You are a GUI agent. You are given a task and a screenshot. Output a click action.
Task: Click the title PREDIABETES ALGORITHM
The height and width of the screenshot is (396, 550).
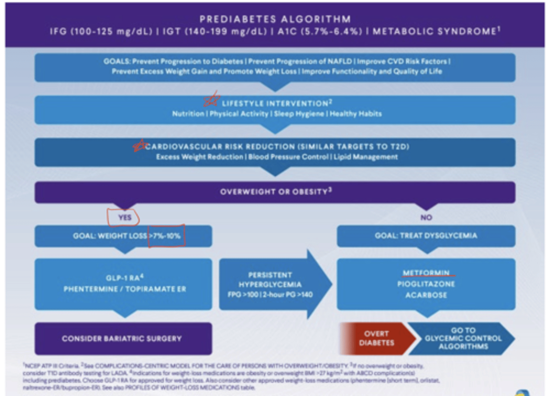(275, 19)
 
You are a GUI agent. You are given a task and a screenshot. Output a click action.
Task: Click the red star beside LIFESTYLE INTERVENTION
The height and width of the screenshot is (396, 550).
(211, 100)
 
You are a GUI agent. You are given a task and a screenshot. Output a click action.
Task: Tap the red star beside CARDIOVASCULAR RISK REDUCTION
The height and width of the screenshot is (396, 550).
(139, 145)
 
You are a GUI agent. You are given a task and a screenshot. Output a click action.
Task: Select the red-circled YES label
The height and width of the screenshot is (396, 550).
(124, 217)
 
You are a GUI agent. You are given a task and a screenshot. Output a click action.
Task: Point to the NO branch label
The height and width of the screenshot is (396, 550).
(426, 217)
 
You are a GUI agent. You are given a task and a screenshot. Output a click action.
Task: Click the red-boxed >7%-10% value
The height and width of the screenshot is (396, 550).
(167, 236)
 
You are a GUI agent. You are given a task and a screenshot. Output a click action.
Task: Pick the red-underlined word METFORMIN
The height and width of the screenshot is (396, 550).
(426, 273)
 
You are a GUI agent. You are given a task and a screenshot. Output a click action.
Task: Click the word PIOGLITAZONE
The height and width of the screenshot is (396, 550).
(426, 284)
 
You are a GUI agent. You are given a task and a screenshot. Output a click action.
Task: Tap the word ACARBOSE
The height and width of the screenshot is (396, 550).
(426, 295)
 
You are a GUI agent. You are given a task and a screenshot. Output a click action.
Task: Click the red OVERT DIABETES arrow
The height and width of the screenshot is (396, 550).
(376, 338)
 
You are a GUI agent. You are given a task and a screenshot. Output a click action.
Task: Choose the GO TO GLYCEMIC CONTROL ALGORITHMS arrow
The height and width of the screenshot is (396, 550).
(463, 338)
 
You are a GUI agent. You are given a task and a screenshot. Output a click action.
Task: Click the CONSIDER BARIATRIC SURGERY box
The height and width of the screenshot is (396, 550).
(122, 339)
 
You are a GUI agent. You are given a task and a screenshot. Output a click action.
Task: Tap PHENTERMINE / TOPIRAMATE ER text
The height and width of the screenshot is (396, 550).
(125, 289)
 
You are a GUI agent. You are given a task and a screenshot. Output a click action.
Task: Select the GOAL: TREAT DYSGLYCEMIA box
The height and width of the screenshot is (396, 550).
(426, 236)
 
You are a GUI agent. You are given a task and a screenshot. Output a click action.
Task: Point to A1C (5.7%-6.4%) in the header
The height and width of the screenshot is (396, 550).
(319, 31)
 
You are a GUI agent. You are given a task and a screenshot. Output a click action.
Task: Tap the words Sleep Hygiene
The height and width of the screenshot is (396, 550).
(299, 114)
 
